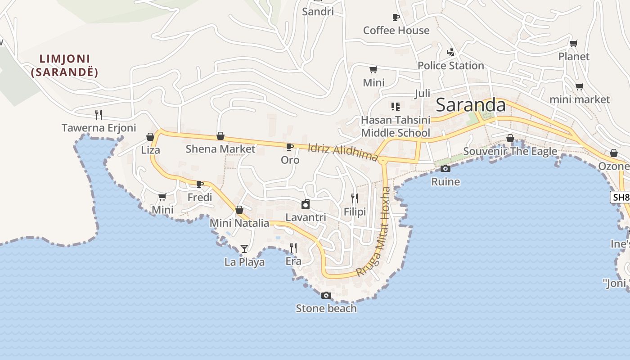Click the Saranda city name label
click(471, 105)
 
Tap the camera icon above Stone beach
click(326, 296)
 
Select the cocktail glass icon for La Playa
click(244, 248)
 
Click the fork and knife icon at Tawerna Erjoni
click(99, 115)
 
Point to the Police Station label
click(450, 66)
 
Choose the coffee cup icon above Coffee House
click(396, 18)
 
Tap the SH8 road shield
click(620, 197)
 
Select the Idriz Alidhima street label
click(343, 152)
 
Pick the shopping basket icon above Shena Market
click(220, 136)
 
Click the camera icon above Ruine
click(445, 169)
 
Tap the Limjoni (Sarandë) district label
click(64, 65)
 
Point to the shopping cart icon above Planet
click(573, 44)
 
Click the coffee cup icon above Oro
click(290, 147)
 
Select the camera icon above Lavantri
click(306, 204)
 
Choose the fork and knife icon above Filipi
click(355, 198)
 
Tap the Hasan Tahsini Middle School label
click(396, 126)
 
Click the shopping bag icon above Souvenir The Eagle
click(510, 138)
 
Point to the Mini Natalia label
click(239, 223)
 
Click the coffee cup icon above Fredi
click(200, 184)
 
